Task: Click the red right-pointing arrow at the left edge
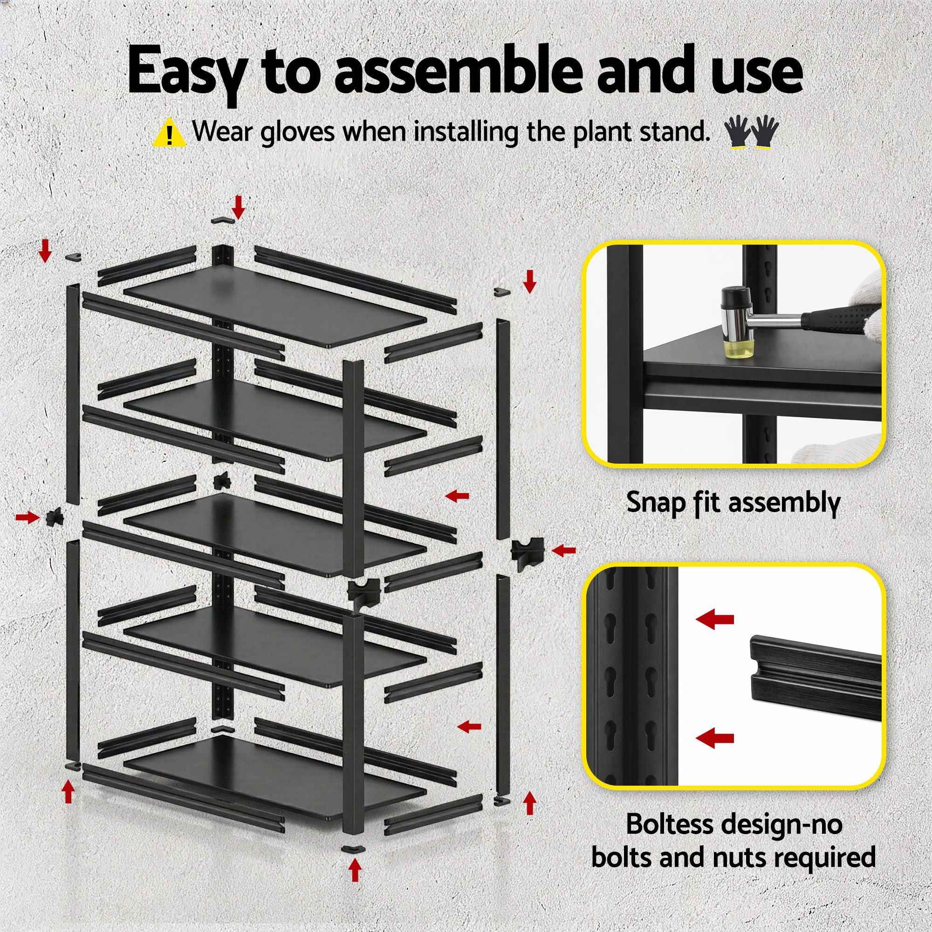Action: [x=27, y=518]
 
